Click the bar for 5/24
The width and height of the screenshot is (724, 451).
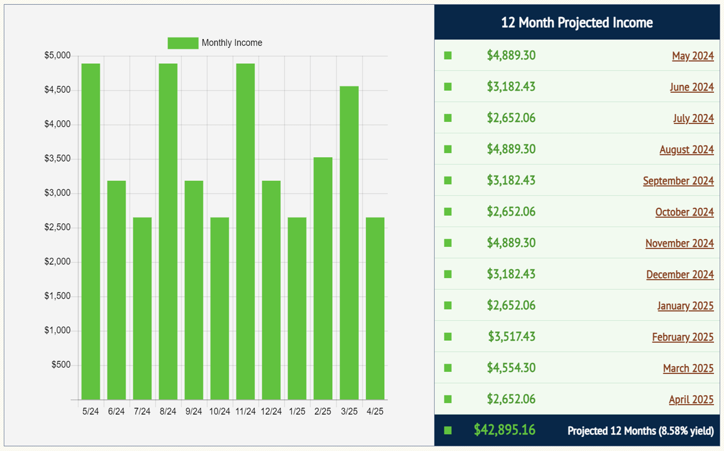91,232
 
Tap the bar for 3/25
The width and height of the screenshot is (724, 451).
349,242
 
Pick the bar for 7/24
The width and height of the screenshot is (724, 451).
142,308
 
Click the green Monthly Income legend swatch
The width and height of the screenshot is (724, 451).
183,43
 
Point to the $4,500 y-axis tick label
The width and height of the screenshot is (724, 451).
58,90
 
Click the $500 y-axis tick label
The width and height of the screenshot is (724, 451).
62,365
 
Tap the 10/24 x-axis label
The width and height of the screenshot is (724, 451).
220,411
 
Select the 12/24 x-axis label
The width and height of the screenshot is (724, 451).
271,411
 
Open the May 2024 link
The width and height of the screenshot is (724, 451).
692,56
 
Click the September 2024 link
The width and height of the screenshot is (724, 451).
678,181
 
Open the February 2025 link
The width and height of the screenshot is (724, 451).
682,337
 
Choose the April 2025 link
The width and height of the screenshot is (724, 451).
691,399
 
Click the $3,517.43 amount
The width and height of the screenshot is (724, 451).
511,337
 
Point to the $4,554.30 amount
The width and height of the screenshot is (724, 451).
511,368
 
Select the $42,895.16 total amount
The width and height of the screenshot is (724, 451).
504,430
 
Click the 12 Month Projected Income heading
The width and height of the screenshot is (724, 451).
577,23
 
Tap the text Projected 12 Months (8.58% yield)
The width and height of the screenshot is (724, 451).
640,431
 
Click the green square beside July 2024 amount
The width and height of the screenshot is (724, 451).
448,118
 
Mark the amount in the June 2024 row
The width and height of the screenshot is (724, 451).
511,86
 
